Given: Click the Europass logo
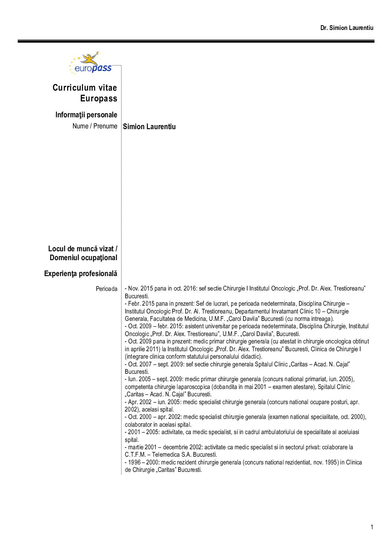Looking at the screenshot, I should click(x=91, y=63).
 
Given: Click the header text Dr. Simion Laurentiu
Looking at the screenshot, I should click(x=347, y=28).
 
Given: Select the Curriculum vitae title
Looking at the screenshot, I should click(x=85, y=88).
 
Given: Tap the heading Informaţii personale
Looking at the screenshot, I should click(x=86, y=115).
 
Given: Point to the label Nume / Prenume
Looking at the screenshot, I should click(x=95, y=126).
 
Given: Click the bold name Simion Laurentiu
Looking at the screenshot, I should click(x=149, y=127).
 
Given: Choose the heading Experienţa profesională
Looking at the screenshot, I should click(x=81, y=273).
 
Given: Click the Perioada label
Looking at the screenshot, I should click(x=107, y=289).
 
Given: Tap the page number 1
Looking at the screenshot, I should click(x=372, y=527).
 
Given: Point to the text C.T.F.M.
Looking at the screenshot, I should click(x=135, y=454).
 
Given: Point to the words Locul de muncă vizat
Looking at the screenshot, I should click(x=83, y=249).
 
